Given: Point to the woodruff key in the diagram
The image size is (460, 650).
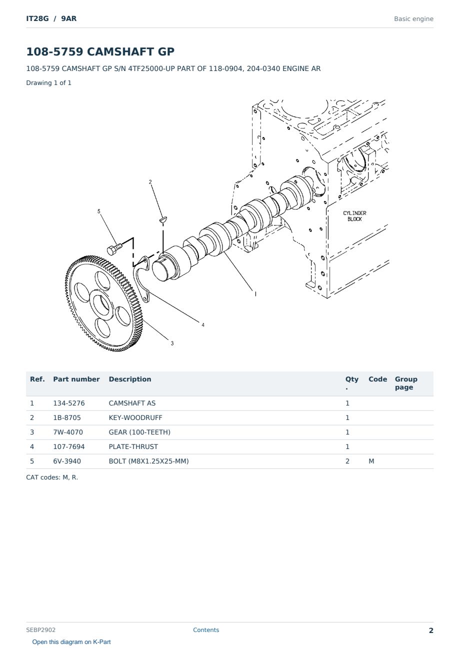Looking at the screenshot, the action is point(163,219).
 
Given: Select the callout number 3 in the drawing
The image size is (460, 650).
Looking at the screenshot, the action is point(172,343).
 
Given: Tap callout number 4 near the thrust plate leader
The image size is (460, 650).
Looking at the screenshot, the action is point(203,325).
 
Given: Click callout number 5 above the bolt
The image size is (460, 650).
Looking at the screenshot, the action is point(98,211).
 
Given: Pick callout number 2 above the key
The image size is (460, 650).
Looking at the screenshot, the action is point(150,182).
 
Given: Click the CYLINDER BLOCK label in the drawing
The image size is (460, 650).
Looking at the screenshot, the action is point(354,216).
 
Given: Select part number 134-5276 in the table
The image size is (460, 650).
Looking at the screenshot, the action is point(69,403).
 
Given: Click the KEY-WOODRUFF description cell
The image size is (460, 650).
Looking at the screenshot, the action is point(135,417).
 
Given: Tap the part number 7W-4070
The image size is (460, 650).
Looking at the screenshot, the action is point(68,432).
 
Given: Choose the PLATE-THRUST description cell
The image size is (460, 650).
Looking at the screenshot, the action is point(133,446).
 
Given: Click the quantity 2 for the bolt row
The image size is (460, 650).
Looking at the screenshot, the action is point(347,461).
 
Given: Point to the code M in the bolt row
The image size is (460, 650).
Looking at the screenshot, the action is point(371,461).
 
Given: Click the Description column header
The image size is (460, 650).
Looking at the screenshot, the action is point(129,379).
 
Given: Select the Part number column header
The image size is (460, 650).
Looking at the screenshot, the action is point(76,379).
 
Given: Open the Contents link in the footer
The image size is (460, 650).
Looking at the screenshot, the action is point(206,630).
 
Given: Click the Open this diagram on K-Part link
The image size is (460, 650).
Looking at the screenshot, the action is point(71,642).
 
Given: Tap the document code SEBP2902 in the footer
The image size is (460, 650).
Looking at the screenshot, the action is point(40,630).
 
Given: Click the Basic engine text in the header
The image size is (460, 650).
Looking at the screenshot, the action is point(413,19).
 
